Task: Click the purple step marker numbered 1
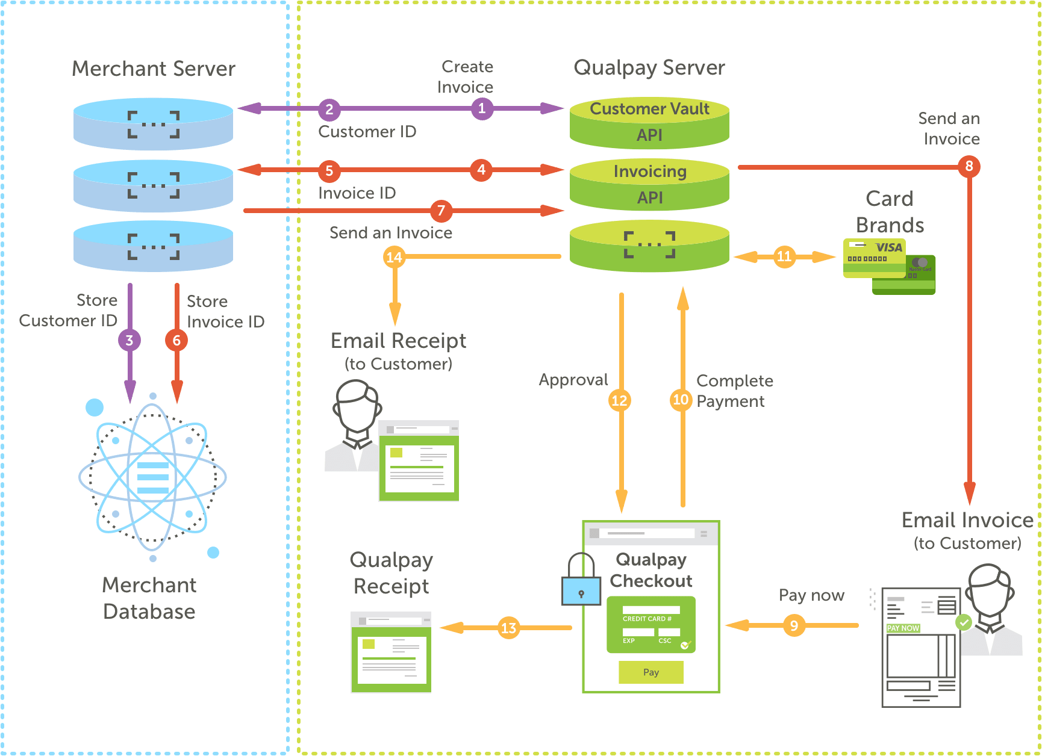click(482, 109)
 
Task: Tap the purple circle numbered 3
click(129, 340)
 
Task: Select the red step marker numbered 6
click(176, 340)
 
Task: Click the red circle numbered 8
click(969, 166)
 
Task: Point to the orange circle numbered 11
click(784, 257)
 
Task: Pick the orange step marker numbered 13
click(509, 628)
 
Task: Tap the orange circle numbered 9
click(794, 626)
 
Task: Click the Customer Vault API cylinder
click(649, 123)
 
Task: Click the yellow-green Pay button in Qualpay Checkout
click(651, 672)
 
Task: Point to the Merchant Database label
click(149, 598)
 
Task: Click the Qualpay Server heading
click(649, 67)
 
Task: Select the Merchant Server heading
click(154, 69)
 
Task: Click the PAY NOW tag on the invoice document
click(903, 628)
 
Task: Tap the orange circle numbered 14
click(394, 258)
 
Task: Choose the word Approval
click(573, 380)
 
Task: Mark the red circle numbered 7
click(441, 211)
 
